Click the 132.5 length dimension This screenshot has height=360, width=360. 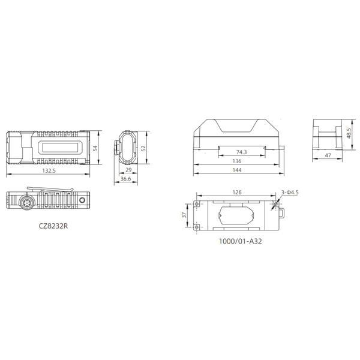[49, 171]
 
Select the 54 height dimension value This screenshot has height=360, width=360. [95, 148]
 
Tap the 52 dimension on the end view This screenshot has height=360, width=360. [143, 148]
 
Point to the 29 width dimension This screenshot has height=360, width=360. [128, 170]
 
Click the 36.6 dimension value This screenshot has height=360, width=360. [126, 179]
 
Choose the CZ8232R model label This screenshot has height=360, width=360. [53, 226]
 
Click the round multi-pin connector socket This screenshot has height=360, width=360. [27, 202]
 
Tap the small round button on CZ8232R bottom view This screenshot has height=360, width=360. [82, 200]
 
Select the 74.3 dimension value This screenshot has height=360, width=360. [242, 152]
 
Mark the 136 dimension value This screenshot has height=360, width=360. [237, 161]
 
